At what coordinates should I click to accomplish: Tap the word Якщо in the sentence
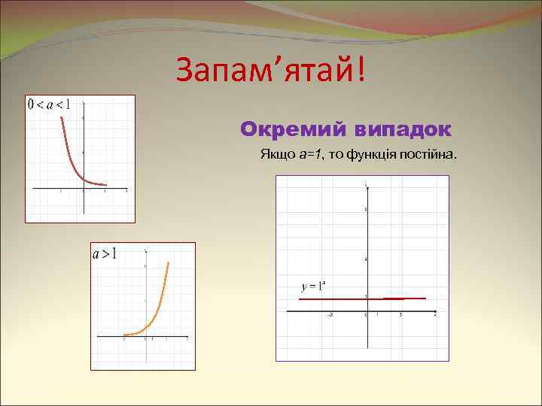pyautogui.click(x=276, y=154)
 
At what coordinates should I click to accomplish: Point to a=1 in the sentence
pyautogui.click(x=309, y=154)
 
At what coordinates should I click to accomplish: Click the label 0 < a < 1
pyautogui.click(x=49, y=105)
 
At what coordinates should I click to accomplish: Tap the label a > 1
pyautogui.click(x=105, y=254)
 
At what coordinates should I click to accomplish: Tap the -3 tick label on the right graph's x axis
pyautogui.click(x=330, y=315)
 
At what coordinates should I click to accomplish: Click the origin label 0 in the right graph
pyautogui.click(x=365, y=315)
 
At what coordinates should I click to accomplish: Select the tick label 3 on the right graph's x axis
pyautogui.click(x=400, y=315)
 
